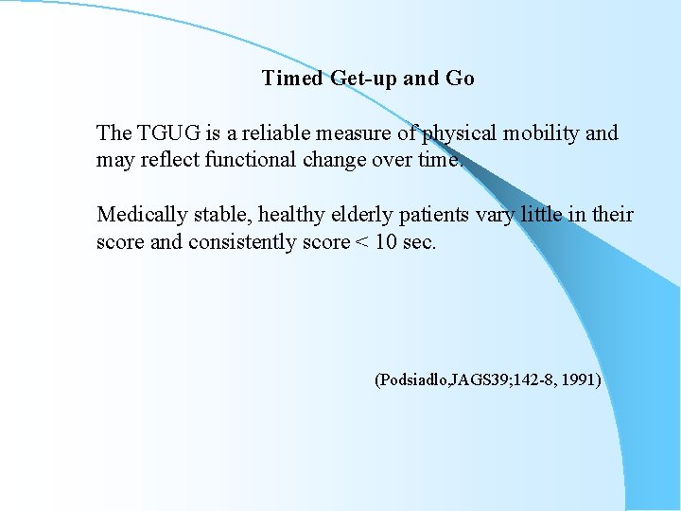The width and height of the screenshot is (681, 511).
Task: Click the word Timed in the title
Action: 293,79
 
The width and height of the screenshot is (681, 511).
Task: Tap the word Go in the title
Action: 460,79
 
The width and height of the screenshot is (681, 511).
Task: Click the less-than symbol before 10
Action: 358,242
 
